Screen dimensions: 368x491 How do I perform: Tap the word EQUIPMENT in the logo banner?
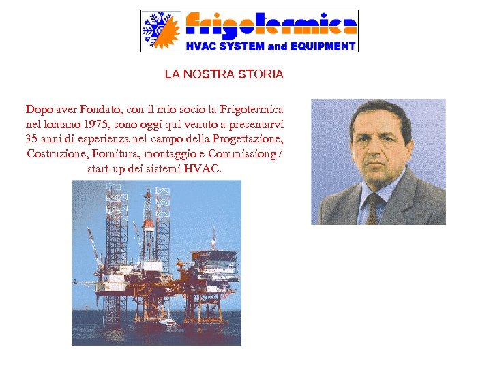click(323, 47)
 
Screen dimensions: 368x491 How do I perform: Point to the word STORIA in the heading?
click(262, 74)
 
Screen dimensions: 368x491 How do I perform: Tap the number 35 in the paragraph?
click(32, 139)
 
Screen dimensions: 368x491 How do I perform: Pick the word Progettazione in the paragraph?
click(247, 139)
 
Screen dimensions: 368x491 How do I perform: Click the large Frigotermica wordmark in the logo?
click(271, 25)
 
